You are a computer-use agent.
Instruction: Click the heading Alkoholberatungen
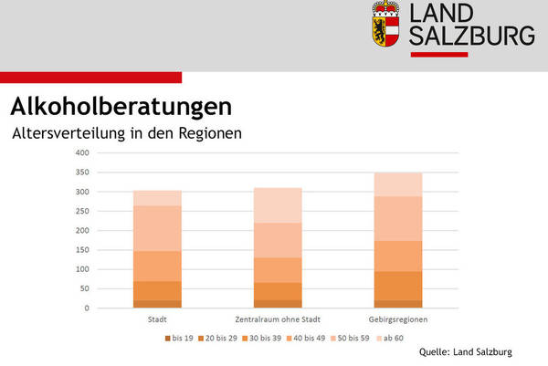[115, 105]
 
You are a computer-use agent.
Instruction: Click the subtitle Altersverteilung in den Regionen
[126, 133]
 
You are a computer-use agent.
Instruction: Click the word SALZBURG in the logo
[471, 36]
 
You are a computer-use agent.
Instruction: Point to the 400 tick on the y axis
[83, 152]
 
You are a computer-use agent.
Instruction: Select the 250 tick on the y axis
[83, 211]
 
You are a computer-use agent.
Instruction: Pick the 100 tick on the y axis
[83, 269]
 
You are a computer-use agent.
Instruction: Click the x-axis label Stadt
[156, 319]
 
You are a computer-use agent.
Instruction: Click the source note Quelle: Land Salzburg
[466, 351]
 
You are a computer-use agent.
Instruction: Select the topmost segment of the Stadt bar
[156, 197]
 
